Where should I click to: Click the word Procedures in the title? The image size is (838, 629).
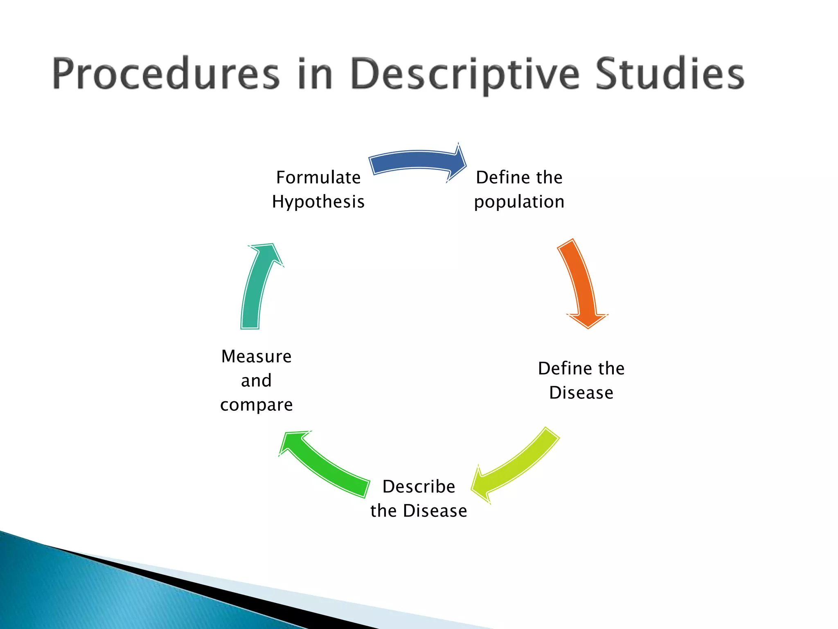[x=166, y=74]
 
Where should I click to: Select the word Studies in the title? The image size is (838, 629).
[x=669, y=74]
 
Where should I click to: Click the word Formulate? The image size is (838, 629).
[x=318, y=178]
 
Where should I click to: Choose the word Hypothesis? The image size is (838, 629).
[x=318, y=202]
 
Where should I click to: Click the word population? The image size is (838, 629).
[x=519, y=202]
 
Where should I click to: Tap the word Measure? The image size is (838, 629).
[x=257, y=356]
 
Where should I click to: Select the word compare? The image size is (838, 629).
[x=257, y=405]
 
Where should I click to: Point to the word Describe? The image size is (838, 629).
[x=419, y=486]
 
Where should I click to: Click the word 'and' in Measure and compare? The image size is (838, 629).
[x=257, y=381]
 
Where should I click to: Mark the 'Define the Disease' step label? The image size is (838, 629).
[x=581, y=380]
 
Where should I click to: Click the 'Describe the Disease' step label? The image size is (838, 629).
[x=419, y=498]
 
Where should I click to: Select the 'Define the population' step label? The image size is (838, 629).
[x=519, y=190]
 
